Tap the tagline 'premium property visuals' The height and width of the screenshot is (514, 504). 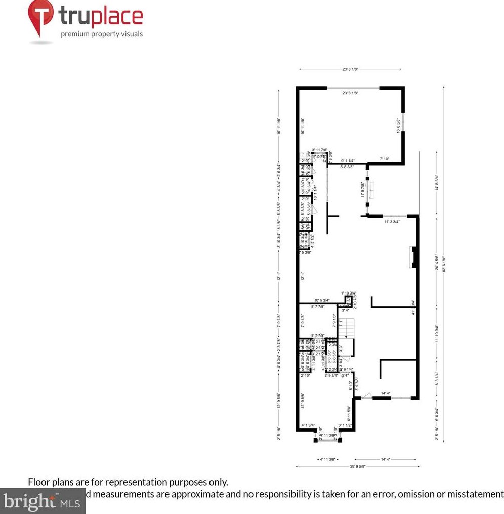click(x=102, y=34)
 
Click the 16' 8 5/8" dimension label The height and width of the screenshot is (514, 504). click(x=399, y=126)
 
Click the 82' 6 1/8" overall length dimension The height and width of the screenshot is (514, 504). click(x=444, y=264)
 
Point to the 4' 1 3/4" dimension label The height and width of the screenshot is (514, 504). click(x=308, y=425)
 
